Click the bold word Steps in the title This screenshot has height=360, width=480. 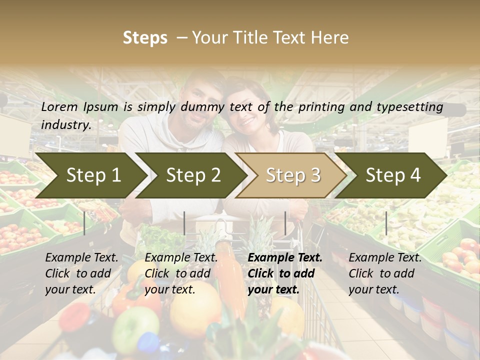(145, 38)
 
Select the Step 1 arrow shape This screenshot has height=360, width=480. (90, 175)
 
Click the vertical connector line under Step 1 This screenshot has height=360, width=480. (84, 223)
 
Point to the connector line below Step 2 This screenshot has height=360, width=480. (184, 223)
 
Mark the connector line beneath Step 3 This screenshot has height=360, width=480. (285, 223)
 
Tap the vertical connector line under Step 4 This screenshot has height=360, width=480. (386, 223)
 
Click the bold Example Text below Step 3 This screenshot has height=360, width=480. (285, 258)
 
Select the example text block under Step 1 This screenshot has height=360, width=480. (81, 273)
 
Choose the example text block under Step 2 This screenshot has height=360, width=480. (181, 273)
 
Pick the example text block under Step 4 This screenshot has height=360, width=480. (385, 273)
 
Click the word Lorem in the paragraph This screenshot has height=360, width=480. (59, 107)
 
